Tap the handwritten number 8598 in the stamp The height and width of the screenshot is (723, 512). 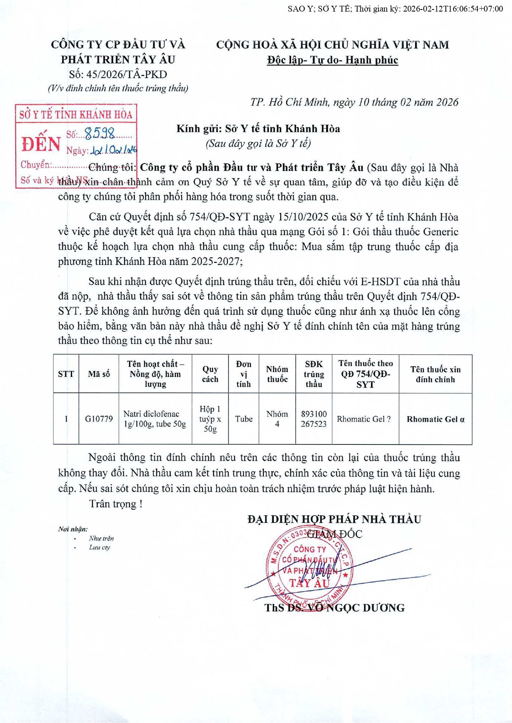pos(100,133)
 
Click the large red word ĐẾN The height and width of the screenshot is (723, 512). pos(41,144)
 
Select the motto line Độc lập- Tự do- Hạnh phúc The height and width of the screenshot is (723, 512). pos(332,60)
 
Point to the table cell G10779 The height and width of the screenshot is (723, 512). pos(99,419)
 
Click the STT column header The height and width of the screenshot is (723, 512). pos(66,374)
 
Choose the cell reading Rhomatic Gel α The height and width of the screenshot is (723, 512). pos(435,419)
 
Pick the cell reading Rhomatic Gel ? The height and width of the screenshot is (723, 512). pos(364,419)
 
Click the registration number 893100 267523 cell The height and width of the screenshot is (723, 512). pos(314,419)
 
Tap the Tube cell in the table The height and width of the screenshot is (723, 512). pos(244,419)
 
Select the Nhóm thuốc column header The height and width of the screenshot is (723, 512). pos(277,374)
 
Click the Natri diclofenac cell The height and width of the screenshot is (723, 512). pos(155,419)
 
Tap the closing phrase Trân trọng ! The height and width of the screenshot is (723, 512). pos(116,504)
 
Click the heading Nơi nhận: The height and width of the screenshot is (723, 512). pos(73,529)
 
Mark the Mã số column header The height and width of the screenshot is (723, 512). pos(99,374)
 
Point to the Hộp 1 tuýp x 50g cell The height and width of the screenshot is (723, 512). pos(210,419)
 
